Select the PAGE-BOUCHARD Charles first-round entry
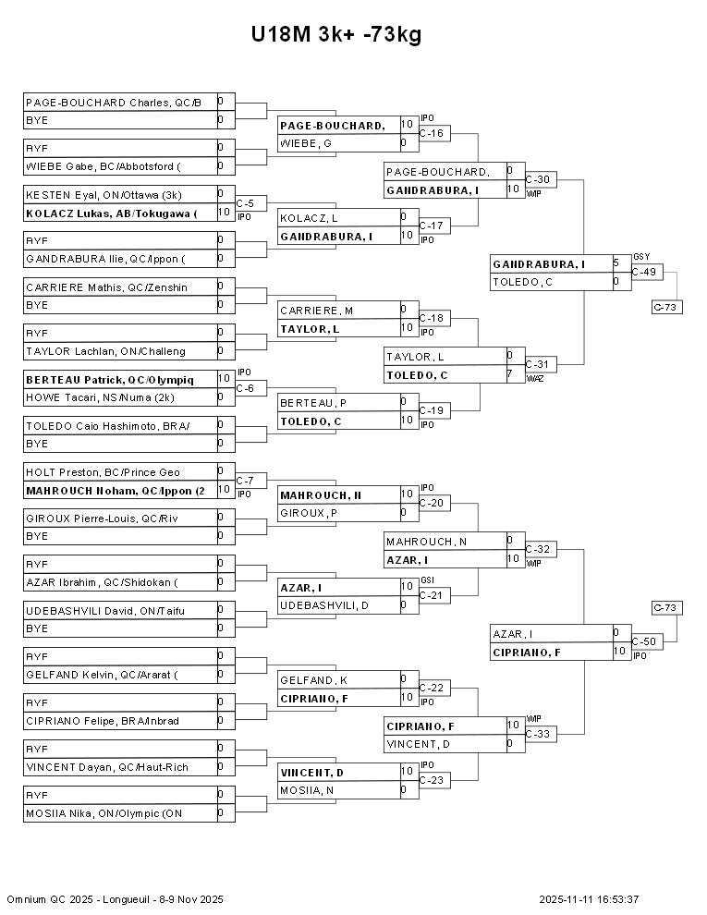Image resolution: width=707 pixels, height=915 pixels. coord(114,103)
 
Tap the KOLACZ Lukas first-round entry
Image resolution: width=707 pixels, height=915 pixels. coord(112,213)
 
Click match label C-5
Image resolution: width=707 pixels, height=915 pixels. coord(245,203)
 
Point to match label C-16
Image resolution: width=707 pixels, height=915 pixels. coord(431,134)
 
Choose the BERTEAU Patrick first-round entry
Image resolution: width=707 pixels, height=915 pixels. coord(110,380)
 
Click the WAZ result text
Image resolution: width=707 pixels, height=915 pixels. coord(534,378)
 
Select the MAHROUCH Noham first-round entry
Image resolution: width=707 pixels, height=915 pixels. coord(116,491)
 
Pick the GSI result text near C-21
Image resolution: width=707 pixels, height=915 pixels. coord(427,580)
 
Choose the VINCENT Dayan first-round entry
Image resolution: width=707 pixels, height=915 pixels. coord(107,767)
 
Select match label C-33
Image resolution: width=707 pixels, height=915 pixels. coord(537,734)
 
